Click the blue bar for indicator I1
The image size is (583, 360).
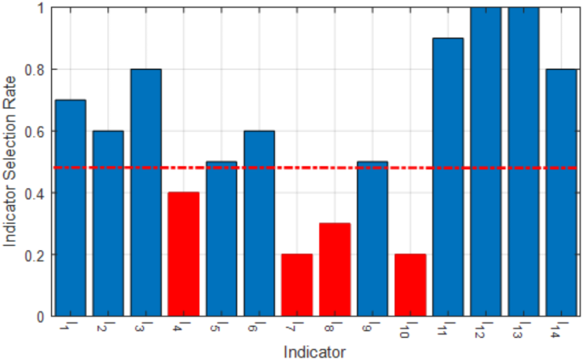click(71, 208)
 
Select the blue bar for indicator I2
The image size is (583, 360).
click(108, 223)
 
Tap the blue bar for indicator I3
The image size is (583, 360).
click(146, 192)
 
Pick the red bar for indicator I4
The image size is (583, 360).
click(184, 254)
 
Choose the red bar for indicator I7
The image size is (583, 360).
click(297, 285)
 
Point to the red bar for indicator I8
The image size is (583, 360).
click(334, 270)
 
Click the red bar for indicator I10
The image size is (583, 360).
click(410, 285)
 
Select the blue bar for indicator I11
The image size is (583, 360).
click(448, 177)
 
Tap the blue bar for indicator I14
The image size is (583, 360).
click(561, 192)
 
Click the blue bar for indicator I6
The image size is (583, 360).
click(260, 223)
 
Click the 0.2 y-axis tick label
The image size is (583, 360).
click(37, 255)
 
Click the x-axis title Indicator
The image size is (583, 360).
click(315, 350)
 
